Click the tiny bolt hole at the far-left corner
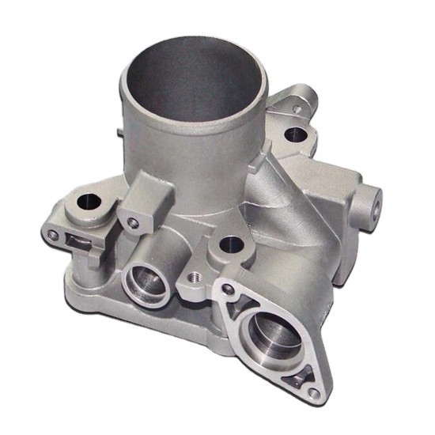pos(53,235)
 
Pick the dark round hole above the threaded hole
pos(230,245)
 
